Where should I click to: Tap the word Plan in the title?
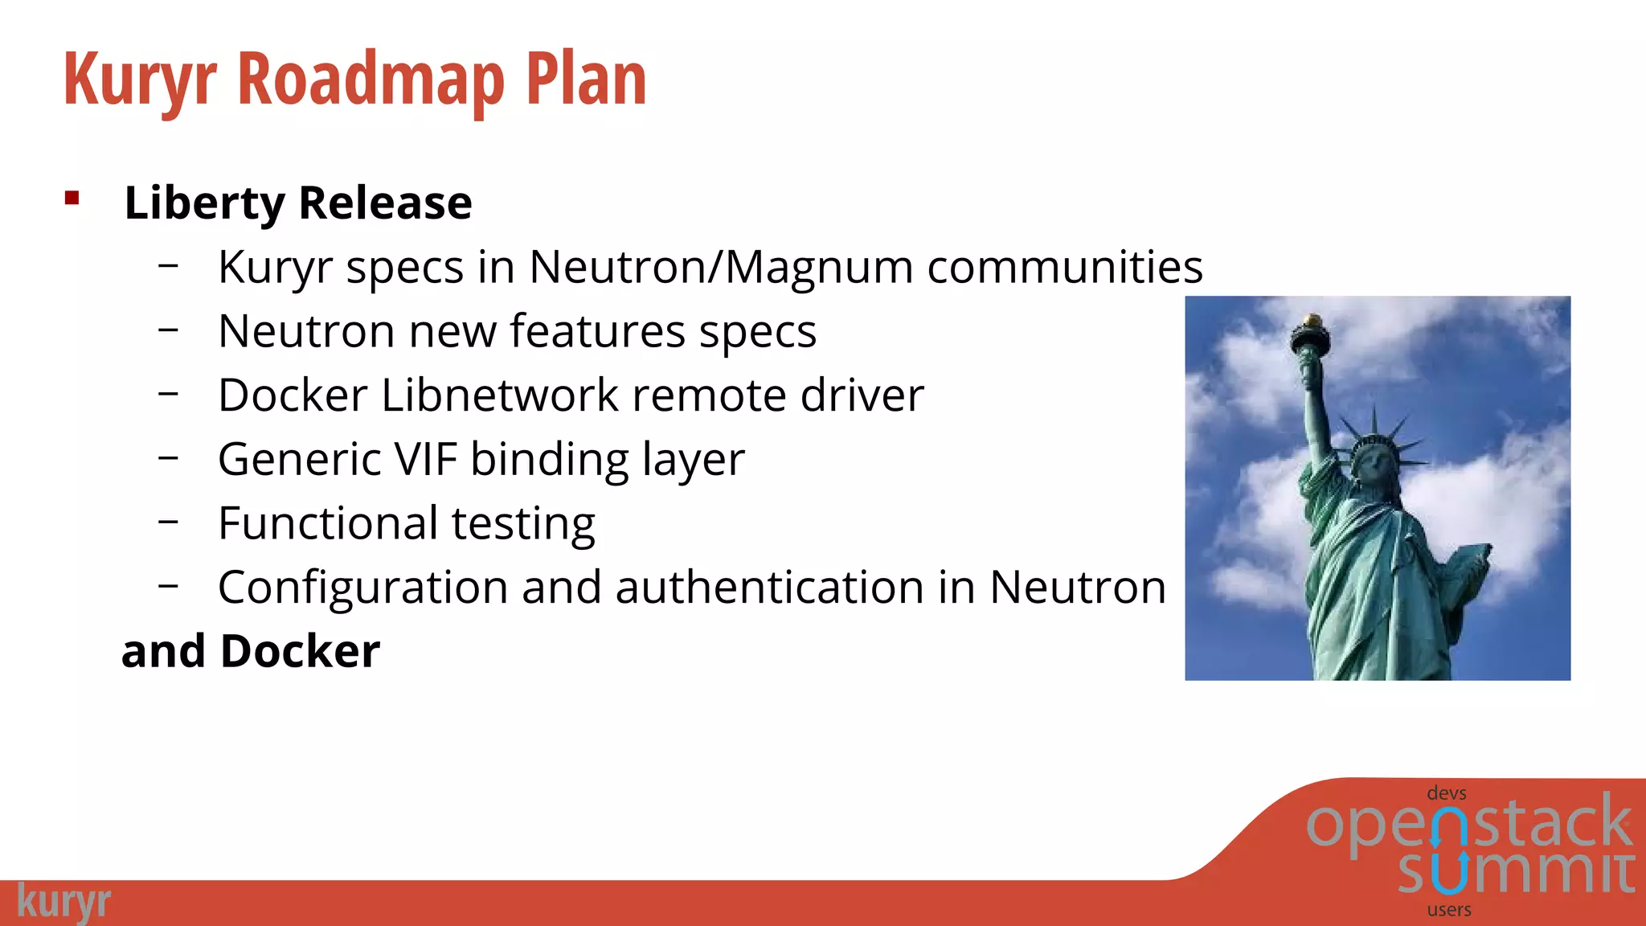(586, 80)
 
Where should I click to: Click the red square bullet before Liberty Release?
(72, 198)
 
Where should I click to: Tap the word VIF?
(426, 459)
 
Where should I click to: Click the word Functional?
(327, 523)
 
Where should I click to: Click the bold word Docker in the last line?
(300, 651)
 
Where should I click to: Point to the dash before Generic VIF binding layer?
(168, 457)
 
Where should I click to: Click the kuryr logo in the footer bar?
(63, 902)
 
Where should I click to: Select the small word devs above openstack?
(1447, 793)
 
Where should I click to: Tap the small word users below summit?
(1449, 910)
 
